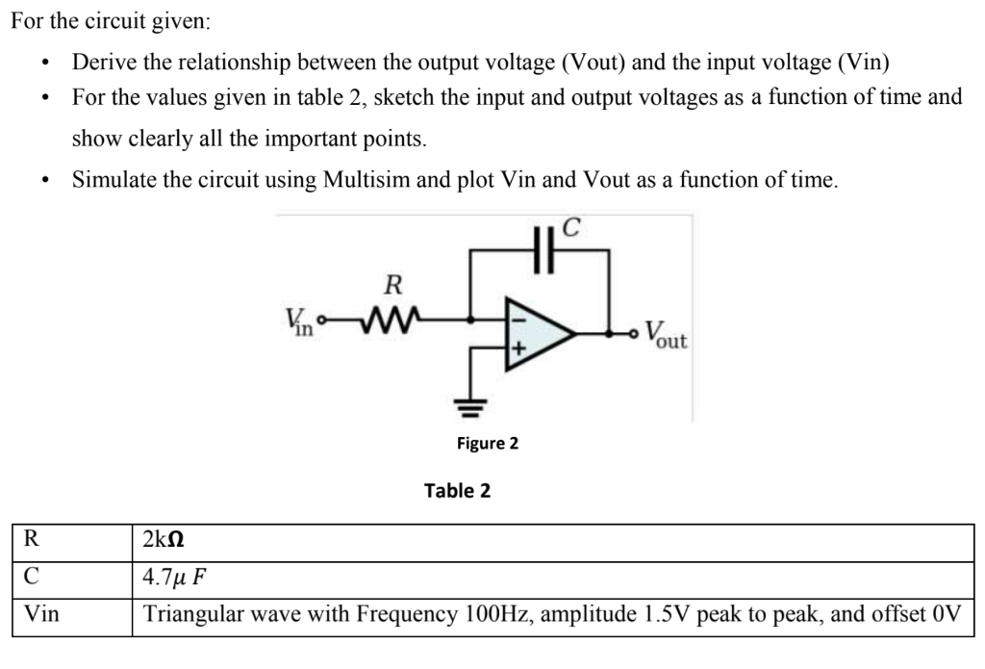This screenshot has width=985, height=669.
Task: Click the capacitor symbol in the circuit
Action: pos(541,253)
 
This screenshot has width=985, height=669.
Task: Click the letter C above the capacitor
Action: pos(571,229)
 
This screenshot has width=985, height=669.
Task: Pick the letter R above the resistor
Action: pos(391,285)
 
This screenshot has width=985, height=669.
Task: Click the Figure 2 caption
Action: pos(487,443)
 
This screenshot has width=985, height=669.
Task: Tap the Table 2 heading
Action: pos(457,491)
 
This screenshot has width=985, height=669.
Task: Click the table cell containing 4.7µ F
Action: pos(174,578)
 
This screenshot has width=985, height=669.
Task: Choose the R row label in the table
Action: pos(29,541)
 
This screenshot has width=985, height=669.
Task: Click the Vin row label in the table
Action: pos(40,614)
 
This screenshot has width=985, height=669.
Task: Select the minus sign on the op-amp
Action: pos(516,315)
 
